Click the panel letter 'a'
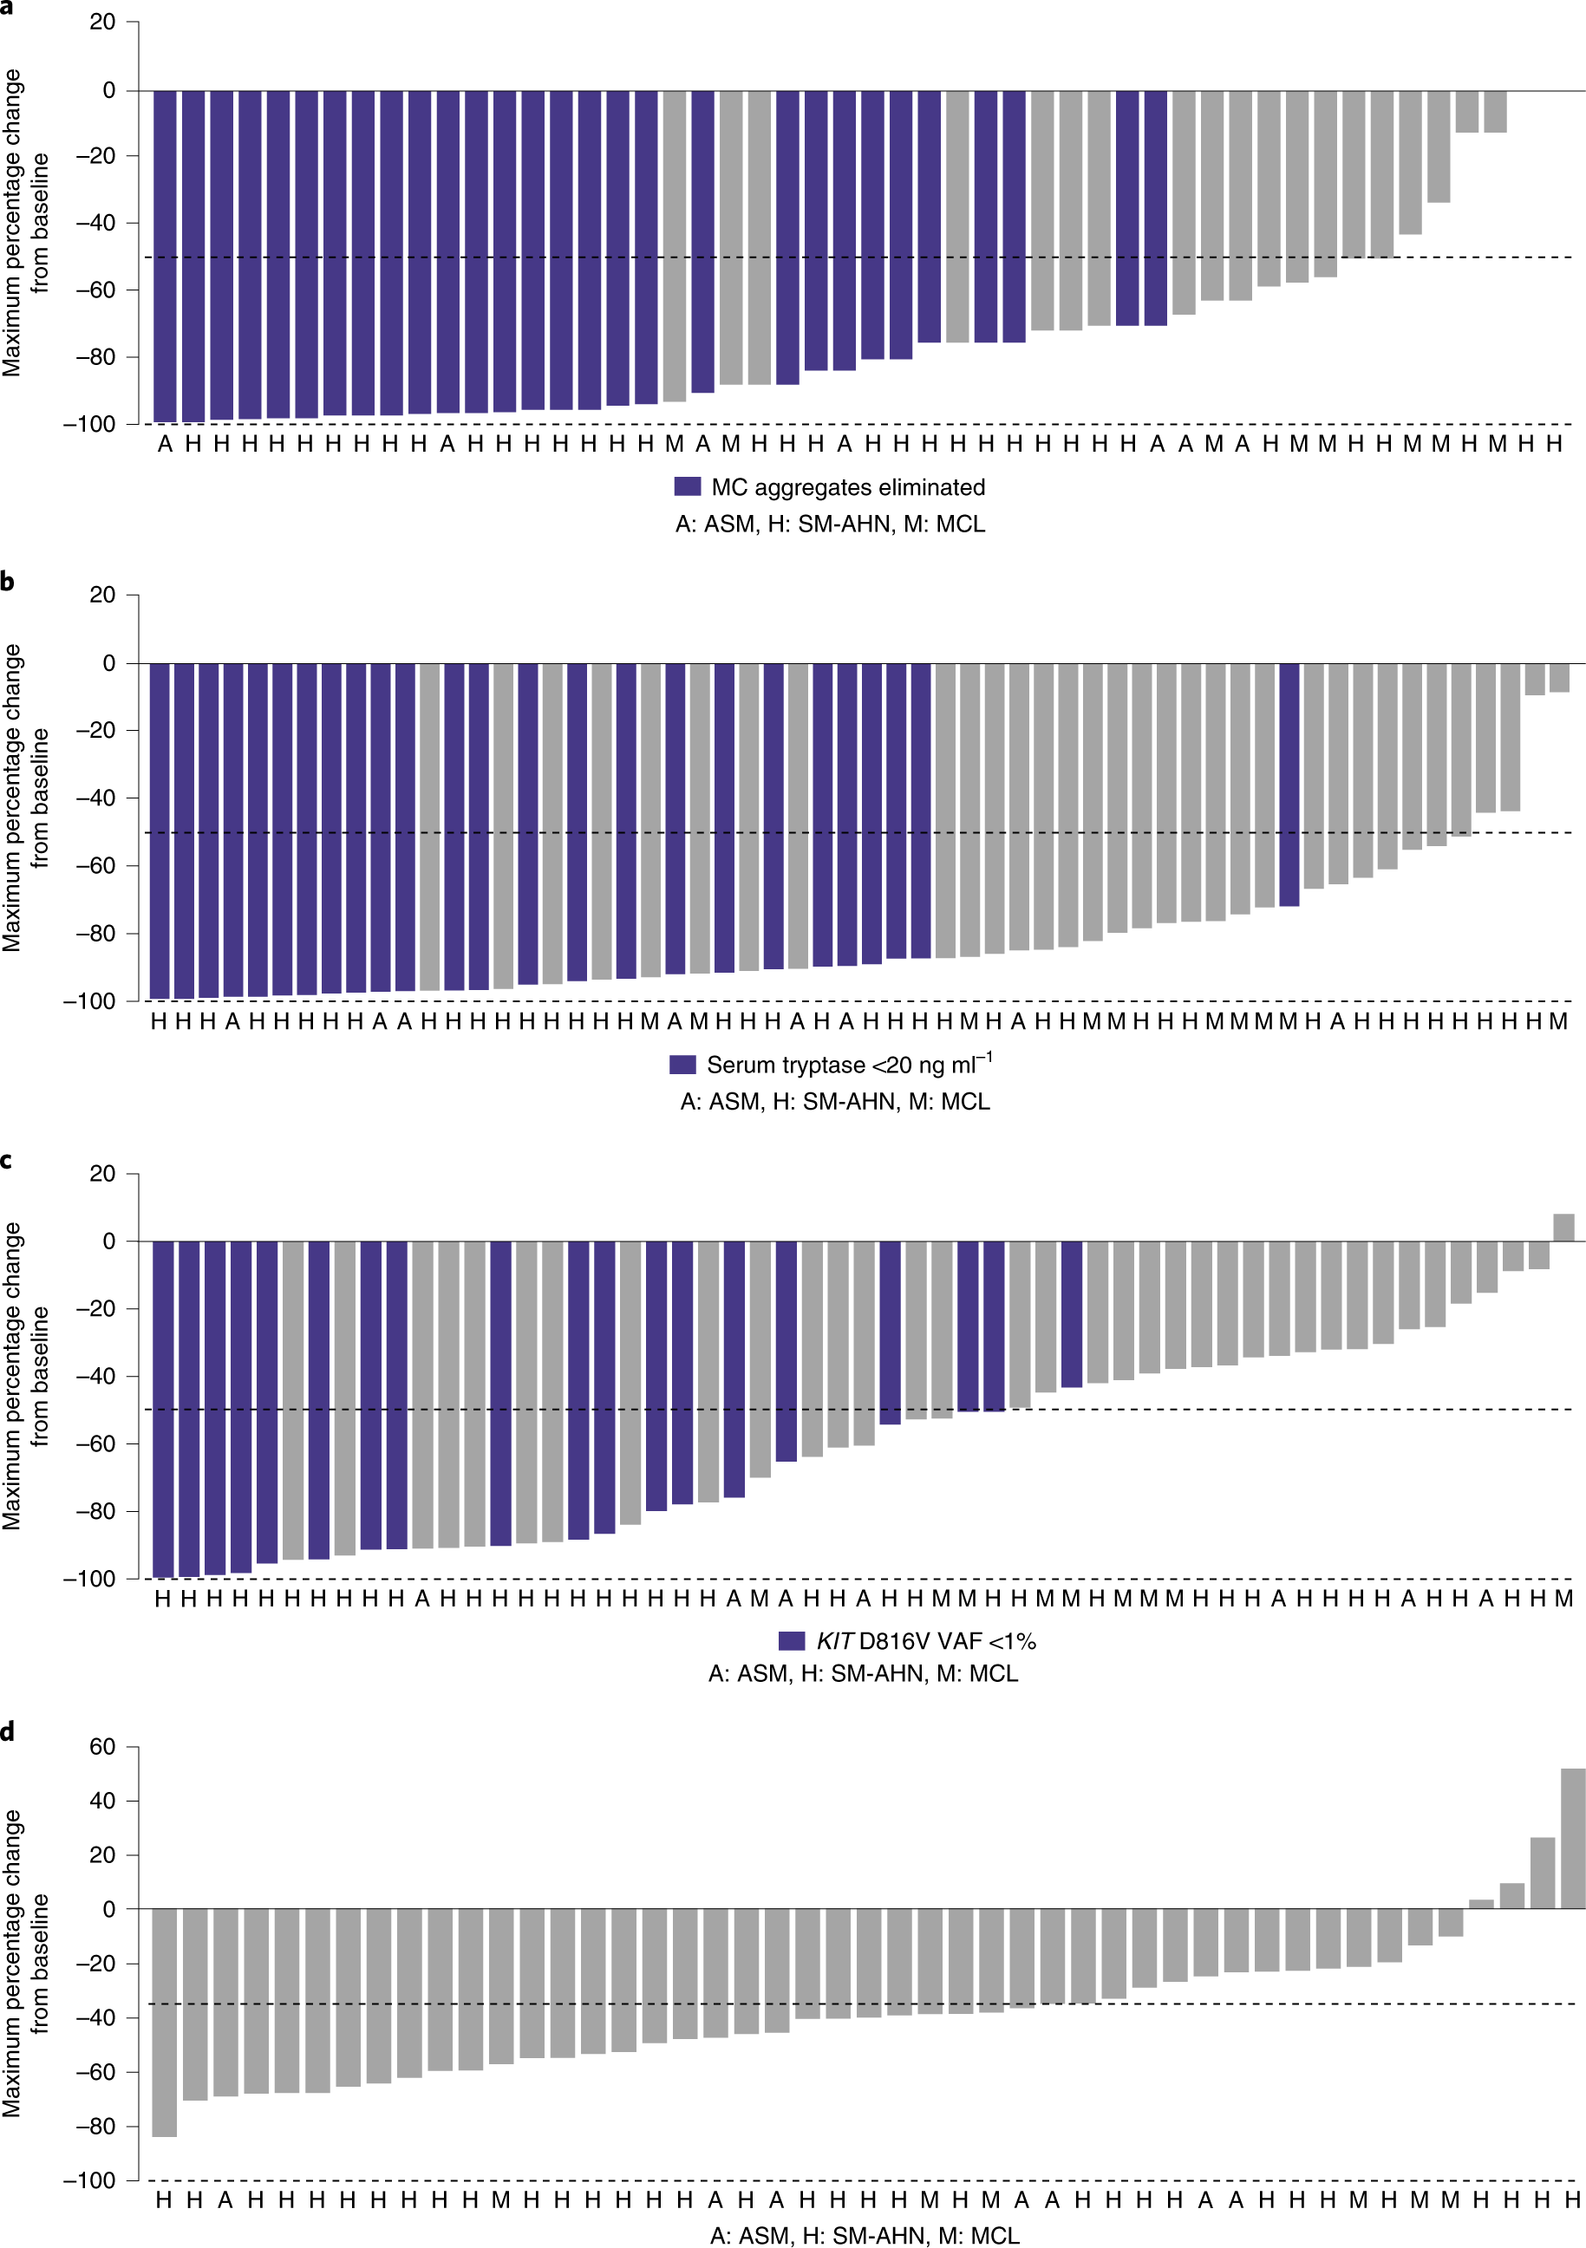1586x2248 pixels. pos(7,7)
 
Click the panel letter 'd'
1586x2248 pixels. pos(8,1731)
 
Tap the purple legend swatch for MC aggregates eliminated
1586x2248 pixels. pos(688,486)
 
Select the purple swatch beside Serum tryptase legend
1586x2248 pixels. pos(682,1065)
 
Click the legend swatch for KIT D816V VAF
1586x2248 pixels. pos(791,1641)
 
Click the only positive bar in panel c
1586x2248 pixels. pos(1563,1227)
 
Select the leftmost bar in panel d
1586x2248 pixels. pos(165,2022)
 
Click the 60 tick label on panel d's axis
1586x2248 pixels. pos(101,1747)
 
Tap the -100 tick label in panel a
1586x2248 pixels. pos(89,424)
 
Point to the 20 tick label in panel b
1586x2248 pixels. pos(101,595)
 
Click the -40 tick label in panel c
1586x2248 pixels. pos(95,1376)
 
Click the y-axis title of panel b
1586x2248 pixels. pos(25,798)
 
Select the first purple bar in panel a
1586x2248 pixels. pos(165,257)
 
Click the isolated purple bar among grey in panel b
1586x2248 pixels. pos(1289,783)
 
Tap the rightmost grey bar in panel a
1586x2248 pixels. pos(1495,111)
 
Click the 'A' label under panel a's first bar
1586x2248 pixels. pos(165,445)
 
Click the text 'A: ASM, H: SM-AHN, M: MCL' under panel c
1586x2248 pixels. pos(863,1673)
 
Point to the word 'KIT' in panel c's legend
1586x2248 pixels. pos(834,1641)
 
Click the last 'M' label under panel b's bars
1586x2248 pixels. pos(1557,1021)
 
